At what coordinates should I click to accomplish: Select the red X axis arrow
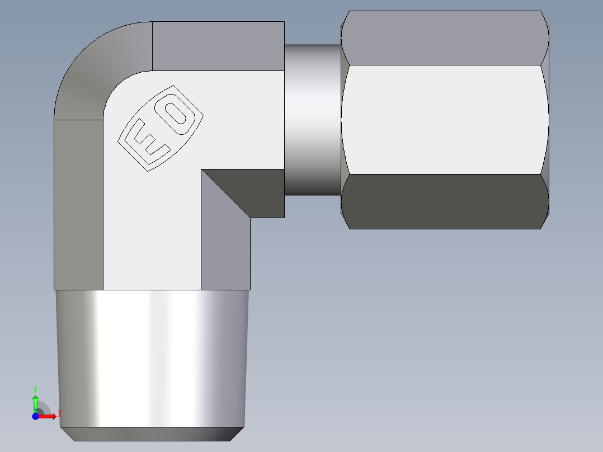[49, 416]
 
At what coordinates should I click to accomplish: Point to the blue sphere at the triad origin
[35, 416]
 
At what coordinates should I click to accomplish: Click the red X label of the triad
[60, 414]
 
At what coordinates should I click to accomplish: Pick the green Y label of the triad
[35, 388]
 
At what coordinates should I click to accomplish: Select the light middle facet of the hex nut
[445, 119]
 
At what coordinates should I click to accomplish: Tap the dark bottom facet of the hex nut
[445, 201]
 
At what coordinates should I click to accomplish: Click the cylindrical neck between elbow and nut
[313, 120]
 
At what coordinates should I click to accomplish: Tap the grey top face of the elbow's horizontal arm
[218, 46]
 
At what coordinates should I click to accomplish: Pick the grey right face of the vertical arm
[225, 246]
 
